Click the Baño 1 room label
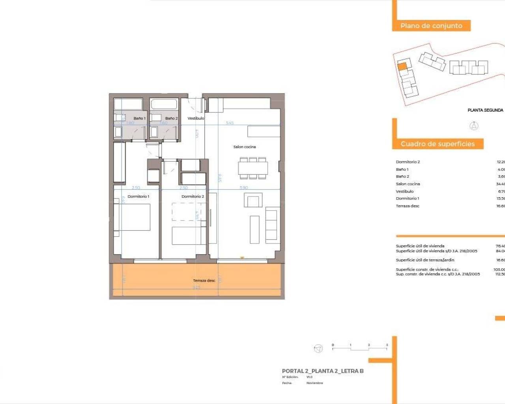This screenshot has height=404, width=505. pyautogui.click(x=139, y=118)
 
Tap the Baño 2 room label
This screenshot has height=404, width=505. pyautogui.click(x=171, y=118)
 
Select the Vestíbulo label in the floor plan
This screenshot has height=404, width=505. pyautogui.click(x=196, y=118)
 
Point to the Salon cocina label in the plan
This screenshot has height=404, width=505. pyautogui.click(x=245, y=147)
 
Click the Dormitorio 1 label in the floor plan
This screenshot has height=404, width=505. pyautogui.click(x=138, y=196)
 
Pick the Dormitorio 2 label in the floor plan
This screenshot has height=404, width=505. pyautogui.click(x=193, y=196)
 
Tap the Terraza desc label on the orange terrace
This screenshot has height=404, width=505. pyautogui.click(x=204, y=281)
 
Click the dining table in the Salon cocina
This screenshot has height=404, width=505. pyautogui.click(x=253, y=168)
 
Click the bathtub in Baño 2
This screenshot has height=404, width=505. pyautogui.click(x=164, y=104)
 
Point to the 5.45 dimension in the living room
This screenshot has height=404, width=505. pyautogui.click(x=230, y=123)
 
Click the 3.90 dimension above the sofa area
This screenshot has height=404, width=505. pyautogui.click(x=244, y=188)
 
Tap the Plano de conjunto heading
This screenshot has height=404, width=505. pyautogui.click(x=431, y=26)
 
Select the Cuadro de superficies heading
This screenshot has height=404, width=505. pyautogui.click(x=438, y=144)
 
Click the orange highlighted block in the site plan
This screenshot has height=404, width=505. pyautogui.click(x=402, y=67)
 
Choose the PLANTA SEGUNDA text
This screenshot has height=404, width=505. pyautogui.click(x=485, y=110)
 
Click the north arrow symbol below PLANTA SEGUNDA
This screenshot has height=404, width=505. pyautogui.click(x=474, y=126)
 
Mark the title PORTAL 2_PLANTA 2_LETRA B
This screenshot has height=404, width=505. pyautogui.click(x=322, y=371)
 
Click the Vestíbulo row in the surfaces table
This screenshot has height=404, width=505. pyautogui.click(x=405, y=191)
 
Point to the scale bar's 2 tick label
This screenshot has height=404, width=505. pyautogui.click(x=369, y=345)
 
